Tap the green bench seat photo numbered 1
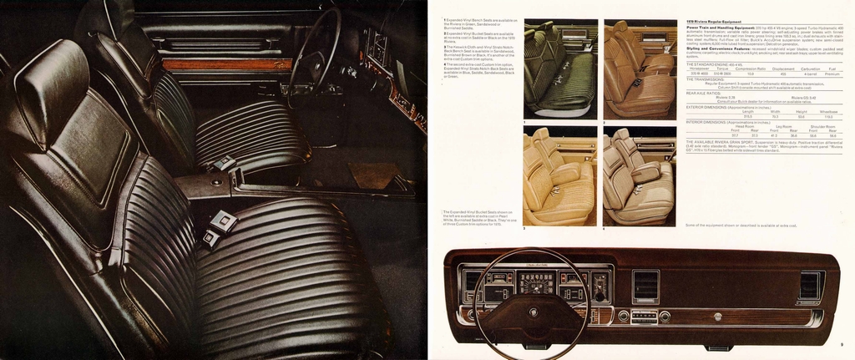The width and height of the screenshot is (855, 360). (560, 69)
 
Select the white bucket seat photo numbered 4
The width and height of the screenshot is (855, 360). (640, 176)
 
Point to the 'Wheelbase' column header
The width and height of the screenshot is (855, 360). (827, 110)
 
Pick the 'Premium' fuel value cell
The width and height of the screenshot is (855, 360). (832, 74)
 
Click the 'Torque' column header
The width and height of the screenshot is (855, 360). (723, 68)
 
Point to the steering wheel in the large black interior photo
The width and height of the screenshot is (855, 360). (313, 50)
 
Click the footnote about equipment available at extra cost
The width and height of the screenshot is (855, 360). (741, 225)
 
